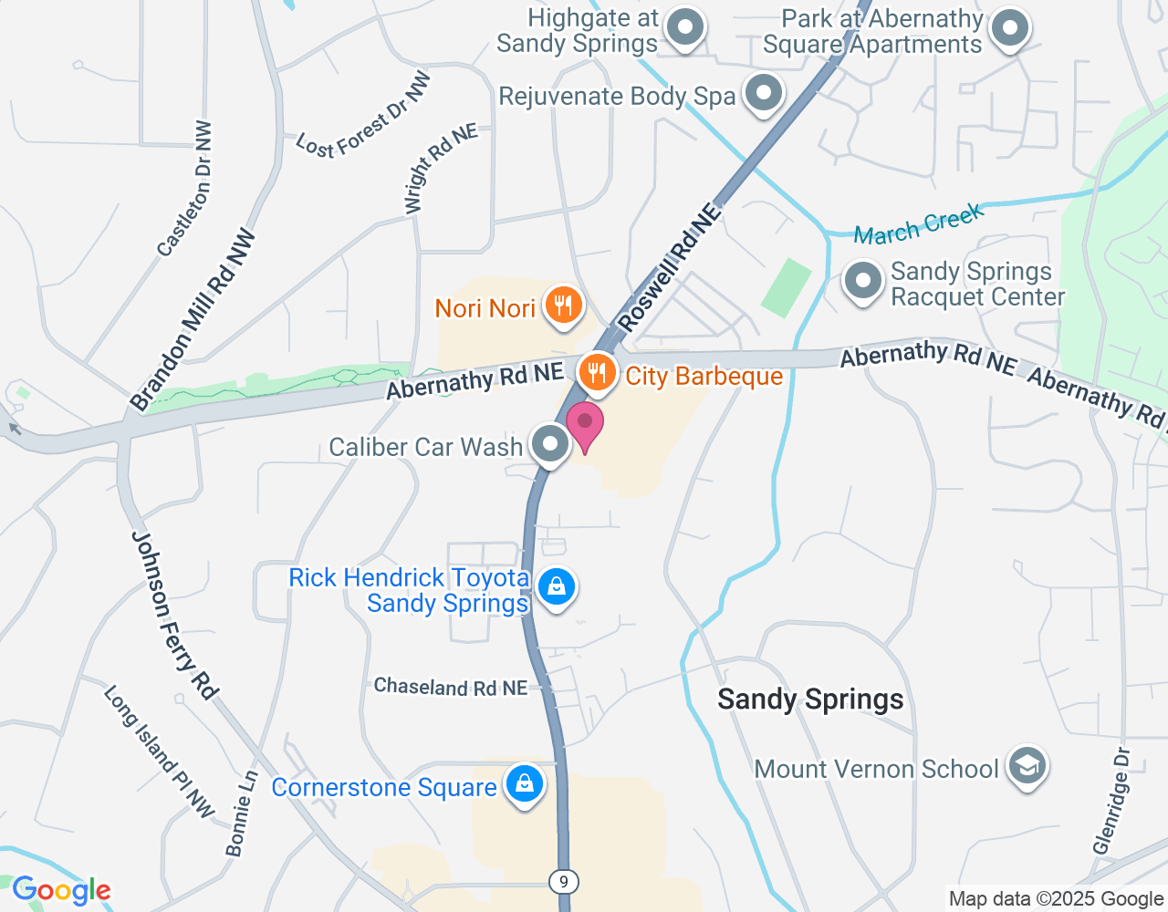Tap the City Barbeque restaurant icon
click(597, 373)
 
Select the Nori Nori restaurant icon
click(563, 306)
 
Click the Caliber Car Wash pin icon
click(549, 445)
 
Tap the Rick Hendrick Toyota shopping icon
click(557, 586)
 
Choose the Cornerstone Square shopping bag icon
click(525, 783)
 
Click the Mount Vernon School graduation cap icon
click(1027, 767)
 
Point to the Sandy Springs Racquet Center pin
click(862, 282)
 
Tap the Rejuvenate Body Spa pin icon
click(763, 93)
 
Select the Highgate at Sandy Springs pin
click(684, 28)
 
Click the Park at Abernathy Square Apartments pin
click(1009, 28)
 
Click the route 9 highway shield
click(564, 882)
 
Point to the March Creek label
click(918, 224)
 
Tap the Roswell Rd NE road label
click(669, 267)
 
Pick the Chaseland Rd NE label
click(451, 687)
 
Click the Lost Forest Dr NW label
click(363, 119)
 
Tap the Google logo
click(61, 891)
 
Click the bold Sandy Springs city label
click(810, 700)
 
